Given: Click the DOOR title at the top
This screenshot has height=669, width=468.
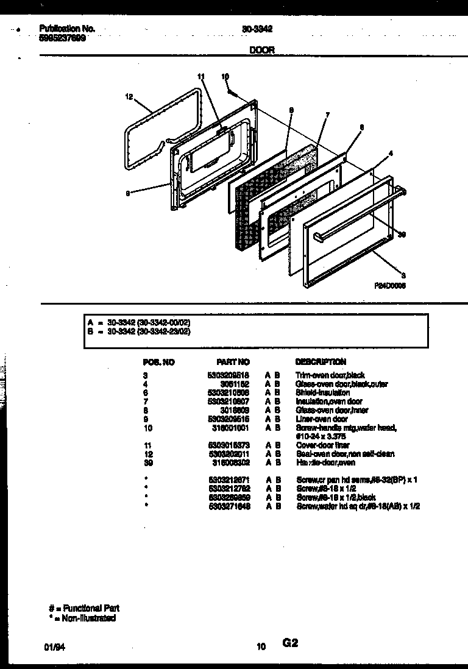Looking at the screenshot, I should tap(262, 51).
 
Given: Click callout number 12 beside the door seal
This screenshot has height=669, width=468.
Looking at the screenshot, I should tap(129, 96).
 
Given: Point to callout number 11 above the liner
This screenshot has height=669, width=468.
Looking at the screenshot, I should tap(202, 76).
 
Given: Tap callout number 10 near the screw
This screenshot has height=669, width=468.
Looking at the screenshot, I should tap(225, 77).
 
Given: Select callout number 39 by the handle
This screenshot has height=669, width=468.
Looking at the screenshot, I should tap(402, 235).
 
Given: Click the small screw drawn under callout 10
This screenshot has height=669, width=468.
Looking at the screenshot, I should tap(235, 92).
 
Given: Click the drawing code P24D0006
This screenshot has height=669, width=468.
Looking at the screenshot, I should tap(391, 285).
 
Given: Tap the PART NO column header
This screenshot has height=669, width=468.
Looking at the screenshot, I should tap(233, 362).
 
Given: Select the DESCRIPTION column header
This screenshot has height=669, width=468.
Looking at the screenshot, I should tap(321, 362).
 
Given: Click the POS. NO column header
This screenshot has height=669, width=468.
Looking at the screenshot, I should tap(158, 362).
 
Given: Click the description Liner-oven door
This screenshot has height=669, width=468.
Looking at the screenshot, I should tap(321, 419).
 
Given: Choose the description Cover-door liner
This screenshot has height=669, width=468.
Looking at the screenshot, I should tap(322, 445).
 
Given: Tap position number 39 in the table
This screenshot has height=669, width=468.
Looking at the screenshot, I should tap(147, 462).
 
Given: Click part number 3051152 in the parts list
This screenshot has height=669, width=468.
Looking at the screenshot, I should tap(236, 384).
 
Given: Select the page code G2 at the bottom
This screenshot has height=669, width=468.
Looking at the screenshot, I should tap(290, 643).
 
